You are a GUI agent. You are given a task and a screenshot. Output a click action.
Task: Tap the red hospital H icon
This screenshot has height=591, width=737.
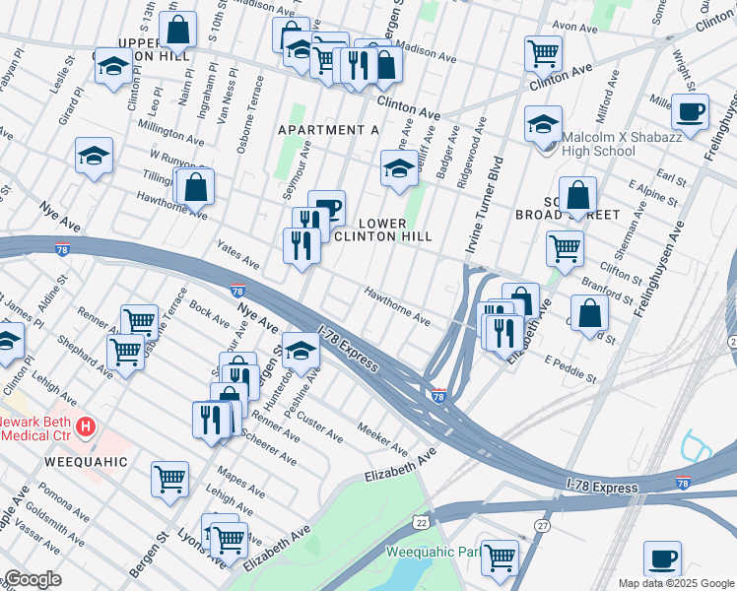coord(87,427)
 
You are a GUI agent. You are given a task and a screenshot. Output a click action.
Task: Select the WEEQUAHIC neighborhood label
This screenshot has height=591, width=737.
coord(86,461)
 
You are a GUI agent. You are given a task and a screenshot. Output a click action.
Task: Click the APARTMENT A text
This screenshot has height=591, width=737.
coord(328,130)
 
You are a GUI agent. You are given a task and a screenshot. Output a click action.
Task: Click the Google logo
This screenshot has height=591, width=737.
coord(32,579)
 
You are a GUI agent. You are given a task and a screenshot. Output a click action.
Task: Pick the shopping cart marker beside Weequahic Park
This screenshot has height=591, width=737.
coord(501,557)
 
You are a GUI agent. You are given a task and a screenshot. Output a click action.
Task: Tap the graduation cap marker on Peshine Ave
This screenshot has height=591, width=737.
coord(301,348)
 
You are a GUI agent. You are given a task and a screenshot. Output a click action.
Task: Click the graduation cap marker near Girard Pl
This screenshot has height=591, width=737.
coord(94,156)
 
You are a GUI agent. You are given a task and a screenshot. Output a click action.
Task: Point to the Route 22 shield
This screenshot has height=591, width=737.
coord(422,521)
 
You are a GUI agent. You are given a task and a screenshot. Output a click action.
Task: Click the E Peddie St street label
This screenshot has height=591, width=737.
coord(570,368)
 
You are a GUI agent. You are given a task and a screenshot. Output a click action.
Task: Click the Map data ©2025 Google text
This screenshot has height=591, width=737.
coord(676,582)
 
